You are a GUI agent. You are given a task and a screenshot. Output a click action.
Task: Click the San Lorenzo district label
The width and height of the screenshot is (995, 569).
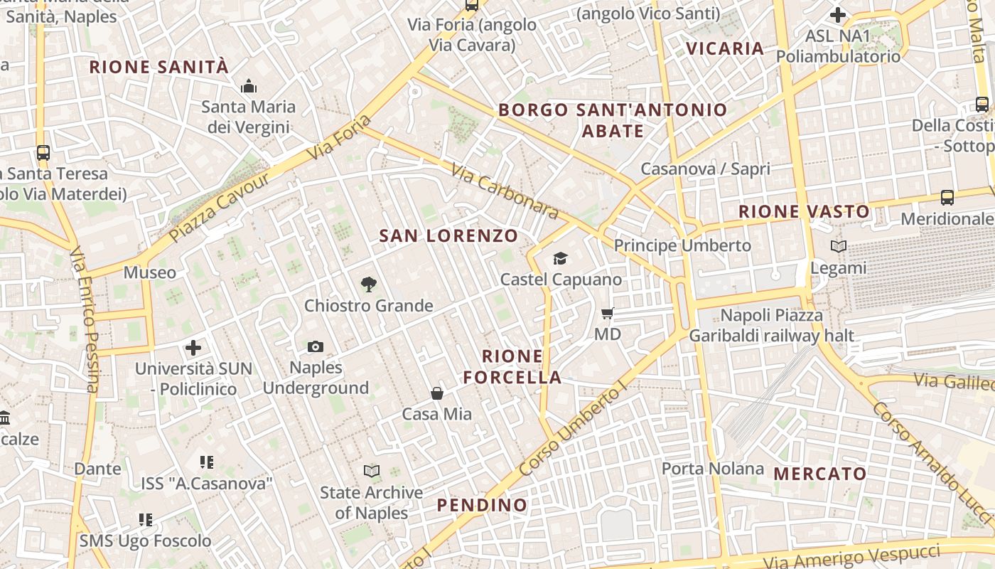[x=448, y=236]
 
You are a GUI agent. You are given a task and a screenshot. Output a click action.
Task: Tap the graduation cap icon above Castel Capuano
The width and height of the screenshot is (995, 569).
[x=561, y=259]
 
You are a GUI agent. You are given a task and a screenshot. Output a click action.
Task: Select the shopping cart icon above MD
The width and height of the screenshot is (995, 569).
[x=608, y=313]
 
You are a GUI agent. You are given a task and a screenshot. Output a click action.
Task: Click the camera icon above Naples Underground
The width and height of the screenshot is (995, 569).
[x=316, y=346]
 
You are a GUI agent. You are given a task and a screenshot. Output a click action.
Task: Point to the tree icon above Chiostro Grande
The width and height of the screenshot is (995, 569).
[x=368, y=284]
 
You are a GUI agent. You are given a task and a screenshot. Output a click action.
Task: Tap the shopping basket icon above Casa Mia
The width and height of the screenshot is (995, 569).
[x=437, y=393]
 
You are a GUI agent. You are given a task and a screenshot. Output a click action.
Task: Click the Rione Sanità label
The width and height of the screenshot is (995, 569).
[x=159, y=67]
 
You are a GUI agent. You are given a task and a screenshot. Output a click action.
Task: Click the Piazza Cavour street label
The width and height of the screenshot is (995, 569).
[x=220, y=206]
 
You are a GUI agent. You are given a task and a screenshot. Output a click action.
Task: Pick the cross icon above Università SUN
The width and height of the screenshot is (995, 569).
[x=193, y=348]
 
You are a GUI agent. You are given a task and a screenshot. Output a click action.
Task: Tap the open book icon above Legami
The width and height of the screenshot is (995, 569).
[x=839, y=247]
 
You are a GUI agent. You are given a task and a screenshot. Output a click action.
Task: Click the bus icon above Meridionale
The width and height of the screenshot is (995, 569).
[x=947, y=197]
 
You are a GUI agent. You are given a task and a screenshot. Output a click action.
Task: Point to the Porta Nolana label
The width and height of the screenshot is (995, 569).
[x=713, y=469]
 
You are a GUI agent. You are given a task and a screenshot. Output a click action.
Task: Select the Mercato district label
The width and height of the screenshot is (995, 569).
[x=820, y=474]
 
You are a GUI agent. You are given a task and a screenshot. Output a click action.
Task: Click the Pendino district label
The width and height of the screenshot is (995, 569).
[x=482, y=506]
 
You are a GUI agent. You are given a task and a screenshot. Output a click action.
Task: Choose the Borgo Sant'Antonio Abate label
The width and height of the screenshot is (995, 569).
[x=613, y=120]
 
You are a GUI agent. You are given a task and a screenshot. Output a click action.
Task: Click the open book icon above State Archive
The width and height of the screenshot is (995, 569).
[x=372, y=471]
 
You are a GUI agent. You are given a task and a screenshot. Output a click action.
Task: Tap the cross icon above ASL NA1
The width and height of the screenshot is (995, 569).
[x=838, y=14]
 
